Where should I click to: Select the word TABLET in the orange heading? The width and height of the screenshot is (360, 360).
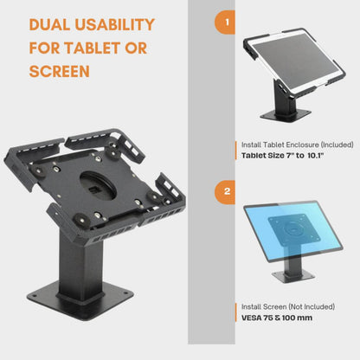click(96, 47)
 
